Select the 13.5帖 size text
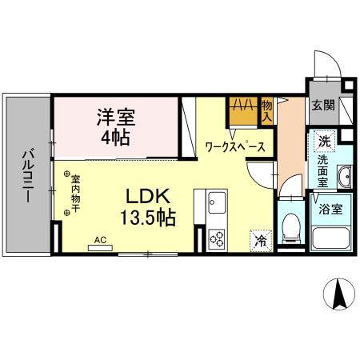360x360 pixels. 149,216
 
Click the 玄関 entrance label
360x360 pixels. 323,106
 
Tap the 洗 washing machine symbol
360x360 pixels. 324,141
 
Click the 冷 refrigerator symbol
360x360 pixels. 261,238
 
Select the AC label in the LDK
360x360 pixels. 101,239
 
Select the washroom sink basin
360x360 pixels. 344,178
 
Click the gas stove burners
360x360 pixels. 217,236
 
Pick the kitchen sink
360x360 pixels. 216,202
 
